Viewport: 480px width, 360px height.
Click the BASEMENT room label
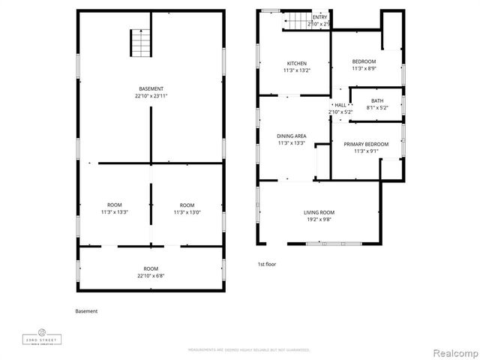(151, 89)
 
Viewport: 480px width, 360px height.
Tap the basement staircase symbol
(140, 43)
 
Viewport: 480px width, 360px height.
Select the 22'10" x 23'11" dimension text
(151, 96)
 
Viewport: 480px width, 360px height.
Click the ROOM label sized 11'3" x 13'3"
(115, 205)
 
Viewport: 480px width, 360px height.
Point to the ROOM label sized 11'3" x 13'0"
(187, 205)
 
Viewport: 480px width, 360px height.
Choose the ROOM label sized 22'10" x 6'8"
(151, 268)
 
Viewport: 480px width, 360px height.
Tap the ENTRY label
(319, 17)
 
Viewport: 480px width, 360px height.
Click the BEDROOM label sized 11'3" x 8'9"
(364, 61)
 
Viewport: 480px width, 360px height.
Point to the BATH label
(376, 100)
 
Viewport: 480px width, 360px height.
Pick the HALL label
(340, 105)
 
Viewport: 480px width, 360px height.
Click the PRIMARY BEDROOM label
(366, 144)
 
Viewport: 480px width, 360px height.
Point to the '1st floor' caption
(266, 265)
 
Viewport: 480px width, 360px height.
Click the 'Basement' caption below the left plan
(86, 311)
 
